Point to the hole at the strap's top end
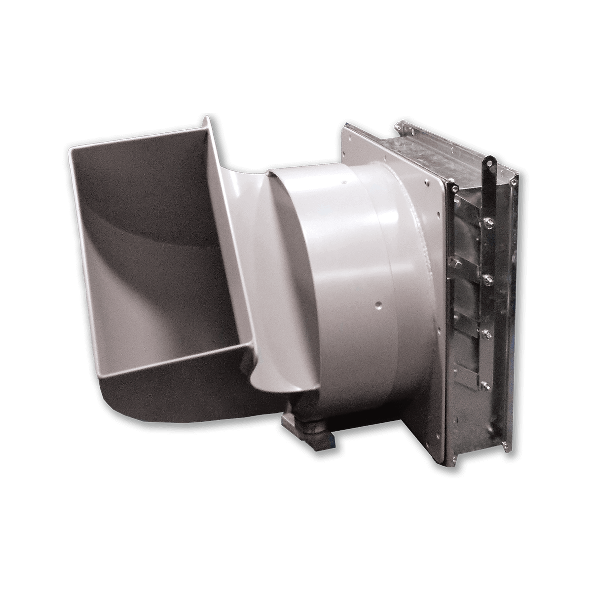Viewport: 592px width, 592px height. tap(490, 161)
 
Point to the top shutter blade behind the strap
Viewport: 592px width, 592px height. tap(464, 237)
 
